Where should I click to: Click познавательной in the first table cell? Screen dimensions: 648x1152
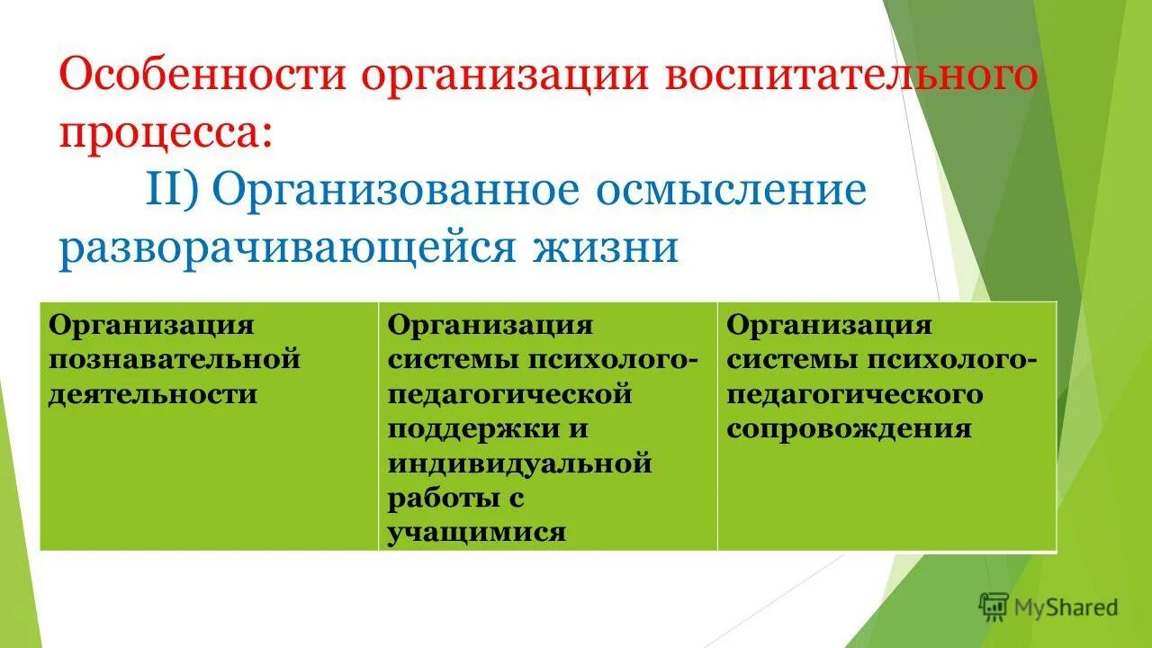tap(174, 359)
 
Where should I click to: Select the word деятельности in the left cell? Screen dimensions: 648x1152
tap(153, 394)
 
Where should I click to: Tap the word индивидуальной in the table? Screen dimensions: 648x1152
tap(519, 463)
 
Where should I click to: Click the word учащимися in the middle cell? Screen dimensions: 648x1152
tap(477, 532)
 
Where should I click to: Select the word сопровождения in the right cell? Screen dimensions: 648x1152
tap(849, 428)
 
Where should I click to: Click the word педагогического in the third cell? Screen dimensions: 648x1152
tap(855, 394)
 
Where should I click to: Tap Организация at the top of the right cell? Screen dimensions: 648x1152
tap(829, 325)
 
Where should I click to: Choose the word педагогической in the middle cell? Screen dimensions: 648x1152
tap(509, 394)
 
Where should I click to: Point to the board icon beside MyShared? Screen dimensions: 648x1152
tap(994, 607)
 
